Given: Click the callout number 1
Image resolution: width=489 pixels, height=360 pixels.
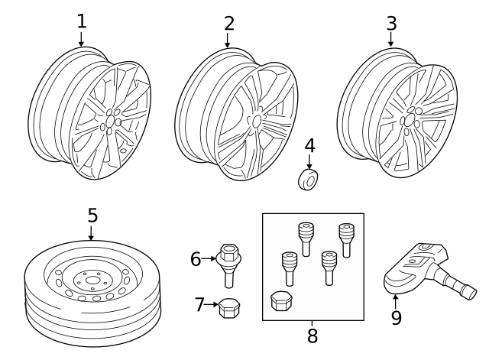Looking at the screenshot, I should [x=81, y=21].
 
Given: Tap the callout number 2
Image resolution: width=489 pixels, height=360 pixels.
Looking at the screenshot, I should [x=228, y=24].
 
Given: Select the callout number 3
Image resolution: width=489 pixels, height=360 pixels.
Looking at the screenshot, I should [x=390, y=24].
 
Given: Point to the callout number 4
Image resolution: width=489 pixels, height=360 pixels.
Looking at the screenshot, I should [x=309, y=145].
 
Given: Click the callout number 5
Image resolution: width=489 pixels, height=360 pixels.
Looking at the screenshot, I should [x=92, y=216].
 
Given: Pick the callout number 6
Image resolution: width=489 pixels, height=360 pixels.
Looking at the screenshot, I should [x=196, y=259].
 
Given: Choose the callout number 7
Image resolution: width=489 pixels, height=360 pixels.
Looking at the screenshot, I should [x=199, y=305].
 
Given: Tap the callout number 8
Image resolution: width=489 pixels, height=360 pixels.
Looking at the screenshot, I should [x=312, y=335].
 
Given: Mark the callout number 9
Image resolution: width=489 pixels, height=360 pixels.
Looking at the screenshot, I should [x=396, y=318].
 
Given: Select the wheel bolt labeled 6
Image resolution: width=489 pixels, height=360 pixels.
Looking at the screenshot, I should [x=228, y=263].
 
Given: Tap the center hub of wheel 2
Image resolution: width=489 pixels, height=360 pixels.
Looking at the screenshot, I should [x=256, y=121].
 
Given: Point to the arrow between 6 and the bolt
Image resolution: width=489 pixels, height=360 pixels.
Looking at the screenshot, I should [x=209, y=259].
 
